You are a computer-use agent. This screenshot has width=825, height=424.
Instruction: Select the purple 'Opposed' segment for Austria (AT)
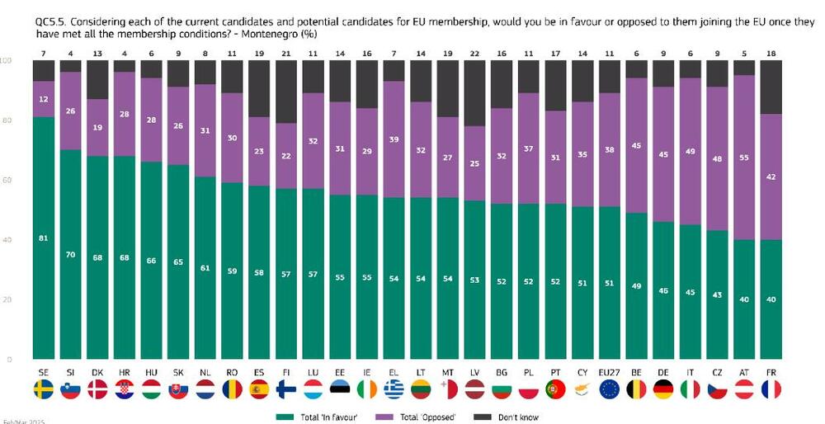click(x=745, y=157)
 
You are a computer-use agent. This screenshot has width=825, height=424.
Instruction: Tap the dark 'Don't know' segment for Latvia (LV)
click(x=474, y=92)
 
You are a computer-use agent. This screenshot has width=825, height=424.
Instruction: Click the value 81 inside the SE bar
click(x=44, y=238)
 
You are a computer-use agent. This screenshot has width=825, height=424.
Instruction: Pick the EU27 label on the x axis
click(x=610, y=374)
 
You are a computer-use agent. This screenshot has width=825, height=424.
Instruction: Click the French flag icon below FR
click(x=771, y=389)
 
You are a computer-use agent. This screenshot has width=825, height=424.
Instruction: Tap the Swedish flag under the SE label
click(x=44, y=389)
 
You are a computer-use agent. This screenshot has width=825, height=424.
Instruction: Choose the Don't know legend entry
click(x=515, y=417)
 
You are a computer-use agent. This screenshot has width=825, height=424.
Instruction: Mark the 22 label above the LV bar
click(x=474, y=53)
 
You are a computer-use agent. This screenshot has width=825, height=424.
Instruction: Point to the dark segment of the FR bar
click(x=771, y=87)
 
